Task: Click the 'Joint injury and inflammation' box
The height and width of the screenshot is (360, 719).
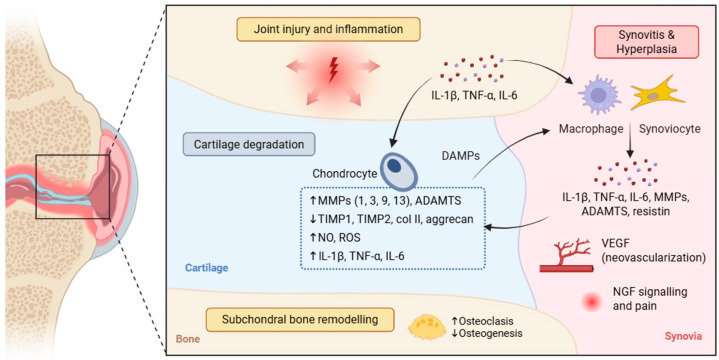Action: point(328,29)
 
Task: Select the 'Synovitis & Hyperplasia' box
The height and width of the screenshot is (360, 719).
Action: point(647,42)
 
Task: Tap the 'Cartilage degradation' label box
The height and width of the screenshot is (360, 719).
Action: point(249,144)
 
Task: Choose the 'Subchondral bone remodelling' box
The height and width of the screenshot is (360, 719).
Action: point(300,319)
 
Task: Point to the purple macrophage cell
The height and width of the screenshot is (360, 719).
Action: point(598,95)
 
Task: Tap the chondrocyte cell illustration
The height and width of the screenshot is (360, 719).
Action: point(398,171)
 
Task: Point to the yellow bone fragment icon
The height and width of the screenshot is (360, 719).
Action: point(426,326)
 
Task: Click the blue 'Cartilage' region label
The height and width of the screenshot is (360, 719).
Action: point(206,267)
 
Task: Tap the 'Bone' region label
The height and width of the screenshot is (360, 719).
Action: point(188,340)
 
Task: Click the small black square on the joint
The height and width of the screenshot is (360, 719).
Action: point(72,186)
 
